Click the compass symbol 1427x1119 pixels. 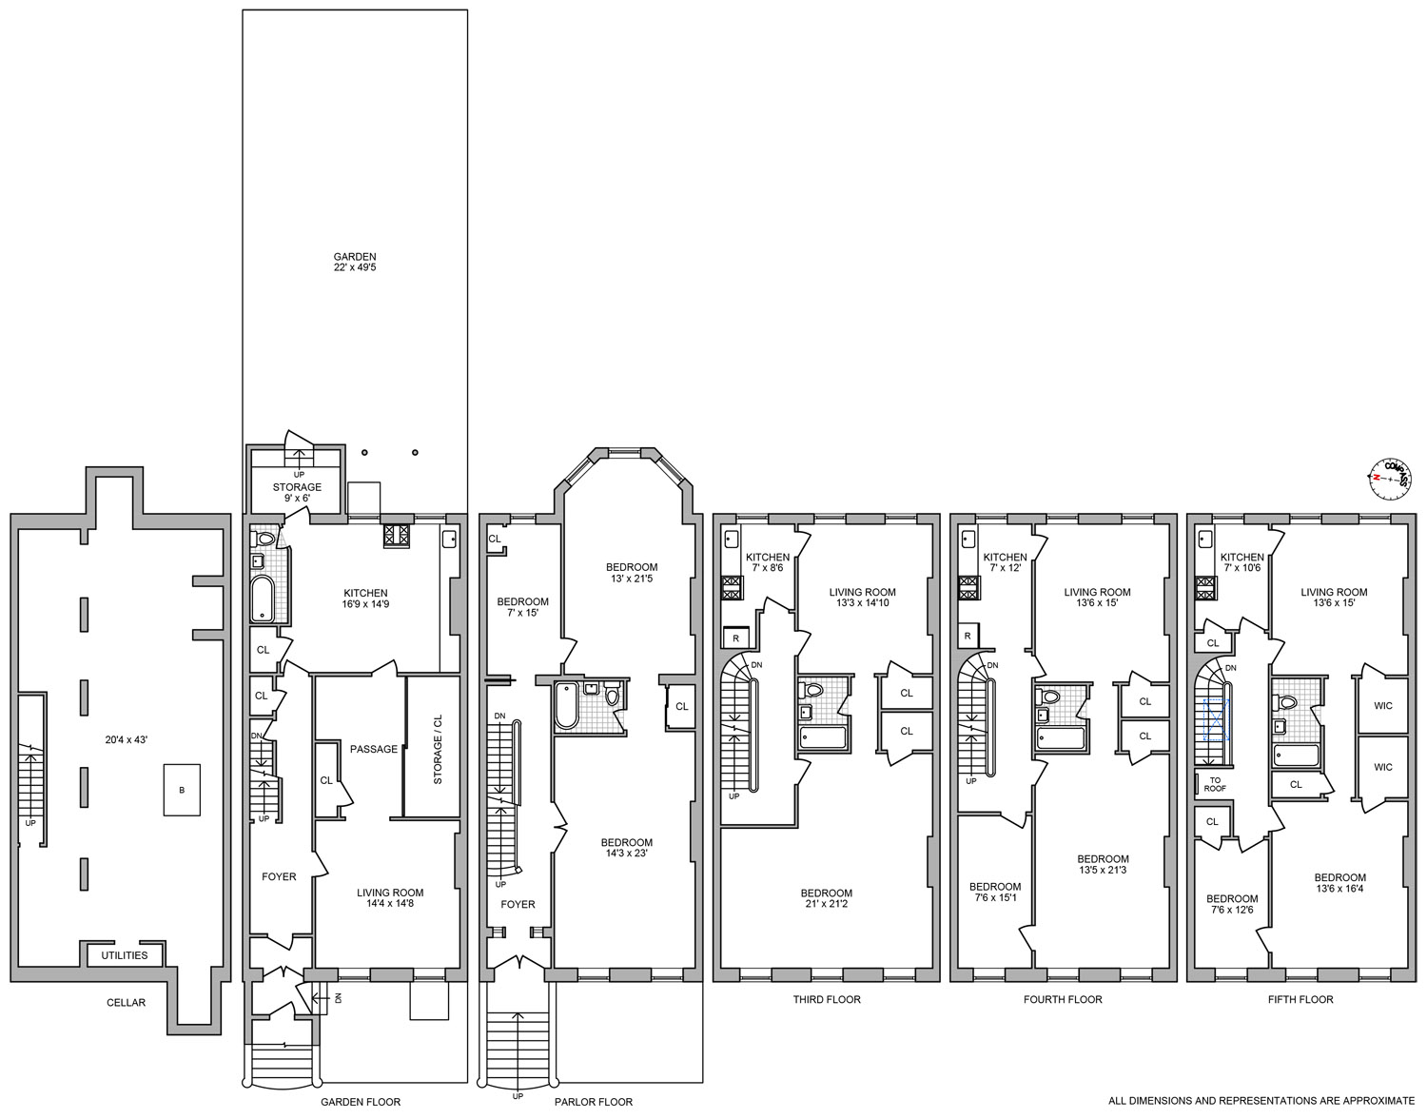click(x=1390, y=479)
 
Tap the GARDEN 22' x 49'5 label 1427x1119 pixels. click(x=355, y=262)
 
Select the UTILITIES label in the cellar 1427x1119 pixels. click(x=124, y=955)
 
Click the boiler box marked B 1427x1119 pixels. click(x=182, y=790)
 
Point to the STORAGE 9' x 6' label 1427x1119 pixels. click(x=297, y=493)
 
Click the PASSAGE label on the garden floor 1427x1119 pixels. click(x=374, y=749)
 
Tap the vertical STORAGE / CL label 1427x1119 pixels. click(x=438, y=749)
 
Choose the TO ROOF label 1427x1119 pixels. click(x=1215, y=785)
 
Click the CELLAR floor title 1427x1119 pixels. click(x=127, y=1003)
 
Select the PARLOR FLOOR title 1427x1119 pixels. click(x=593, y=1102)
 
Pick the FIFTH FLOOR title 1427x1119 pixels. click(x=1300, y=999)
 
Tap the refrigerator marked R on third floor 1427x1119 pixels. click(x=736, y=638)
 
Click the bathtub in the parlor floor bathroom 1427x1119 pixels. click(x=566, y=706)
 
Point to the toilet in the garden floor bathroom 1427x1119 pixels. click(x=264, y=540)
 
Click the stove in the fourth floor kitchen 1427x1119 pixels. click(x=968, y=588)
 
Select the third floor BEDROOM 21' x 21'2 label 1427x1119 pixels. click(x=826, y=898)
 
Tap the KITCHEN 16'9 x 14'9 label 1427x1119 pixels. click(x=365, y=599)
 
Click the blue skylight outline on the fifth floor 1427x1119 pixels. click(x=1216, y=720)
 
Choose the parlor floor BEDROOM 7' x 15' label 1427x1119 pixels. click(x=522, y=607)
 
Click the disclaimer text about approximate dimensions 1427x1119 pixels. click(x=1261, y=1101)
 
